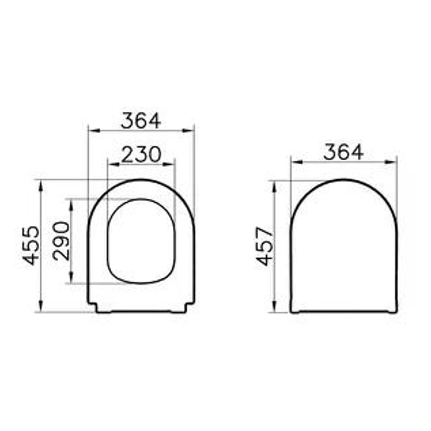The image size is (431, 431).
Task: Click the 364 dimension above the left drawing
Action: pos(141,121)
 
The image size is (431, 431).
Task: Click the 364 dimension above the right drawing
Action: pos(343,152)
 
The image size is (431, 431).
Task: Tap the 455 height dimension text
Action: pos(31,246)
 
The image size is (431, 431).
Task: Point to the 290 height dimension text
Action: pos(61,241)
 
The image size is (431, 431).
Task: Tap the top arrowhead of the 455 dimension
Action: pos(41,185)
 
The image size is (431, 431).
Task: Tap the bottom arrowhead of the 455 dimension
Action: pos(41,306)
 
